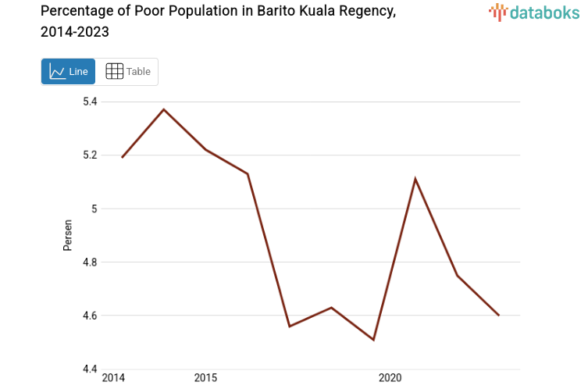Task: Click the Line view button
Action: point(68,72)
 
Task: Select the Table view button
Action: point(127,72)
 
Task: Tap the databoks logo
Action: point(534,12)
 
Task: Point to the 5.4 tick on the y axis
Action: point(91,102)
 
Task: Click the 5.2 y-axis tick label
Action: point(91,155)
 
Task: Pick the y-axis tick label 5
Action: point(94,209)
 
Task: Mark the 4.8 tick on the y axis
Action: point(91,262)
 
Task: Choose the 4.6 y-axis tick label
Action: point(91,316)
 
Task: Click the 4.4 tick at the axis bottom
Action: point(91,369)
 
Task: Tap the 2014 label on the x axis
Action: point(113,378)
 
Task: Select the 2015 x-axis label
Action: point(205,378)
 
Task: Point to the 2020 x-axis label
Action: point(390,378)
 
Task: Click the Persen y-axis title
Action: point(68,235)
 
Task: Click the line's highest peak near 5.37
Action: point(163,109)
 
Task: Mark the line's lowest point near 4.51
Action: point(373,340)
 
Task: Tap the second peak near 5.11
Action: point(415,179)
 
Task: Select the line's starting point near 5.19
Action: point(122,157)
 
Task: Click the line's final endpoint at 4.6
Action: point(498,316)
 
